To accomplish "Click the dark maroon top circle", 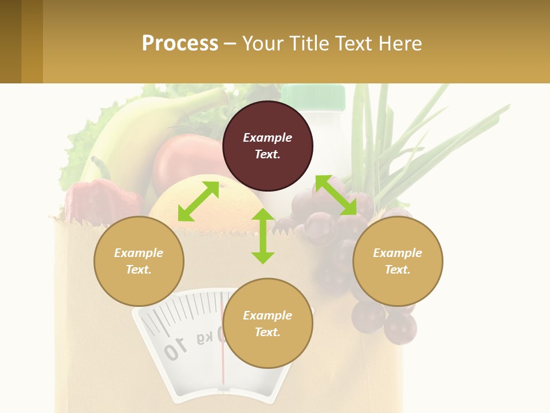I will click(268, 146).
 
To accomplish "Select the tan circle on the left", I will click(139, 261).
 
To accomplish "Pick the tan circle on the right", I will click(398, 261).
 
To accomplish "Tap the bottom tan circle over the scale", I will click(268, 324).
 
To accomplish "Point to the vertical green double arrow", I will click(263, 236).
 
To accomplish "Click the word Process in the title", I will click(180, 43).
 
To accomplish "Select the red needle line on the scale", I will click(223, 367).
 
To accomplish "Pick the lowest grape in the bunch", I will click(400, 328).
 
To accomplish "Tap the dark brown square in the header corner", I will click(10, 41).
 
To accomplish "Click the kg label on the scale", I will click(205, 338).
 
